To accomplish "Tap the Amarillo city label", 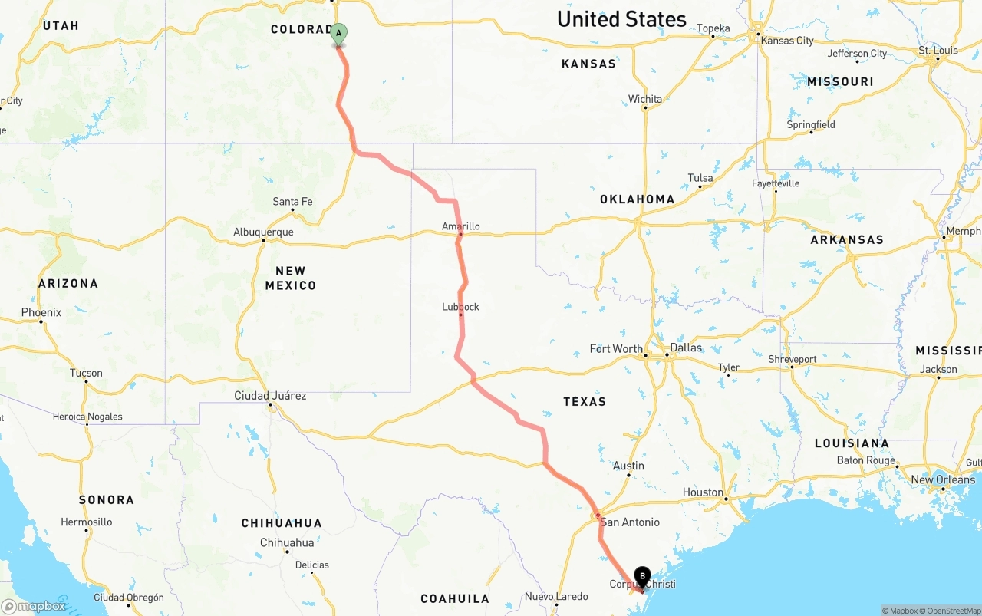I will click(460, 226).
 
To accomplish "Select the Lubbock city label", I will click(460, 307).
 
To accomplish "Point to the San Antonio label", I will click(630, 522).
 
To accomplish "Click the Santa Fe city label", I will click(292, 202).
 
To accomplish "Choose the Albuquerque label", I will click(263, 232).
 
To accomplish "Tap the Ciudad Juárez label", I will click(270, 396).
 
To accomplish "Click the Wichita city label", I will click(644, 99).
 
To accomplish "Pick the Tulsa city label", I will click(700, 178).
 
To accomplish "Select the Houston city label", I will click(703, 492).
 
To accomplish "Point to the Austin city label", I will click(628, 466).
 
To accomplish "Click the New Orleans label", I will click(943, 479).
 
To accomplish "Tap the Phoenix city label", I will click(41, 312).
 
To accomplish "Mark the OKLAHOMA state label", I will click(637, 199).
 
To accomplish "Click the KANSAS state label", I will click(588, 64).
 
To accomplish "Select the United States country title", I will click(621, 19).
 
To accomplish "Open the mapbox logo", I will click(34, 606).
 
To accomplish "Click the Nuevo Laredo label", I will click(556, 597).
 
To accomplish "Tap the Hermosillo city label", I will click(87, 522).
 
